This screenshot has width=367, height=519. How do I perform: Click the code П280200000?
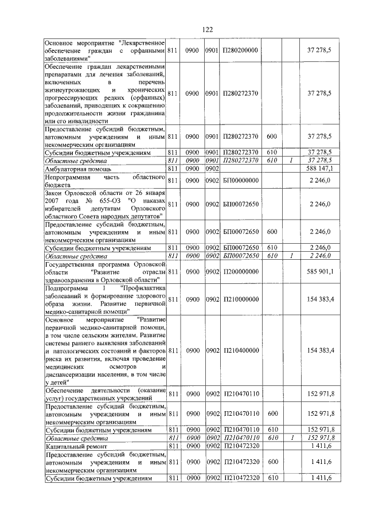[241, 51]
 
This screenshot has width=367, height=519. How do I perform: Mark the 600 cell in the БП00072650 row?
[272, 232]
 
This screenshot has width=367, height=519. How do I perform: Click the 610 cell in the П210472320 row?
[272, 477]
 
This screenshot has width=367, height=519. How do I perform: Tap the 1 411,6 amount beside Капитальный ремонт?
[321, 446]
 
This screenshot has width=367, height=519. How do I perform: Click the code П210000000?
[241, 299]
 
